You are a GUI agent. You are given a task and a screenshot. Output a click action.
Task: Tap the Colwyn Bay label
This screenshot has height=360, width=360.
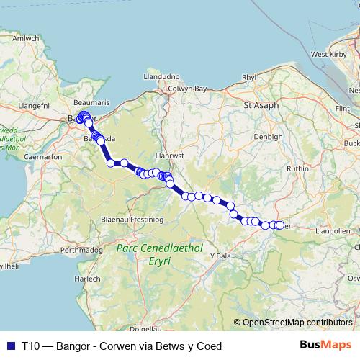pyautogui.click(x=188, y=89)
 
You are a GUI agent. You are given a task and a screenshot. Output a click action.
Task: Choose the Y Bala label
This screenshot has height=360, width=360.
pyautogui.click(x=220, y=256)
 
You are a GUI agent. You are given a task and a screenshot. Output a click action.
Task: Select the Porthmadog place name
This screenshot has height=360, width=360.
pyautogui.click(x=84, y=250)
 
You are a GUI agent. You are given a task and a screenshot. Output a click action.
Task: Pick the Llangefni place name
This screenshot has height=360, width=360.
pyautogui.click(x=32, y=105)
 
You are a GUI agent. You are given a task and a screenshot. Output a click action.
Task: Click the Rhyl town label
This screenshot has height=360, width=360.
pyautogui.click(x=249, y=77)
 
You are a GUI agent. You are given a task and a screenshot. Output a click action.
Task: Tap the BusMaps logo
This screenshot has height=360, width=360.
pyautogui.click(x=326, y=345)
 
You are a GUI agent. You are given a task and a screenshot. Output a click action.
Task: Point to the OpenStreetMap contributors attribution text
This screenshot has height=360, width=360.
pyautogui.click(x=297, y=323)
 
